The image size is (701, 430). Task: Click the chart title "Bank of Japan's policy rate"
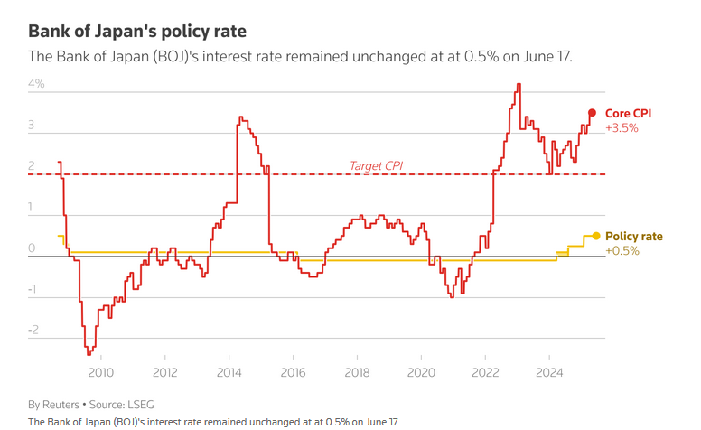click(137, 32)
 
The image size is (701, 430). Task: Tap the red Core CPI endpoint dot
click(592, 113)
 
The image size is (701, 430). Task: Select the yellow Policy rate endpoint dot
click(595, 236)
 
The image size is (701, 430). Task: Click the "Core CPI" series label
click(628, 113)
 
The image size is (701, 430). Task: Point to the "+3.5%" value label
click(622, 128)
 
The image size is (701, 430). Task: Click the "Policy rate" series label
click(633, 236)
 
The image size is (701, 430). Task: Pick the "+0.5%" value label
click(622, 251)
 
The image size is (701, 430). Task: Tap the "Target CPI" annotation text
click(376, 165)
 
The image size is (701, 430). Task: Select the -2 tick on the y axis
click(33, 332)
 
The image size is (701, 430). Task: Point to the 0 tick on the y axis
click(33, 248)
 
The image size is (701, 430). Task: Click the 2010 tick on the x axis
click(100, 371)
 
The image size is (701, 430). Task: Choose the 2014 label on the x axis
click(229, 371)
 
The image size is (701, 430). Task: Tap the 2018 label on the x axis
click(357, 371)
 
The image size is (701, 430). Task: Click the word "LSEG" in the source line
click(143, 404)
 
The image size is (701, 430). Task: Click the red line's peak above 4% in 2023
click(519, 84)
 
